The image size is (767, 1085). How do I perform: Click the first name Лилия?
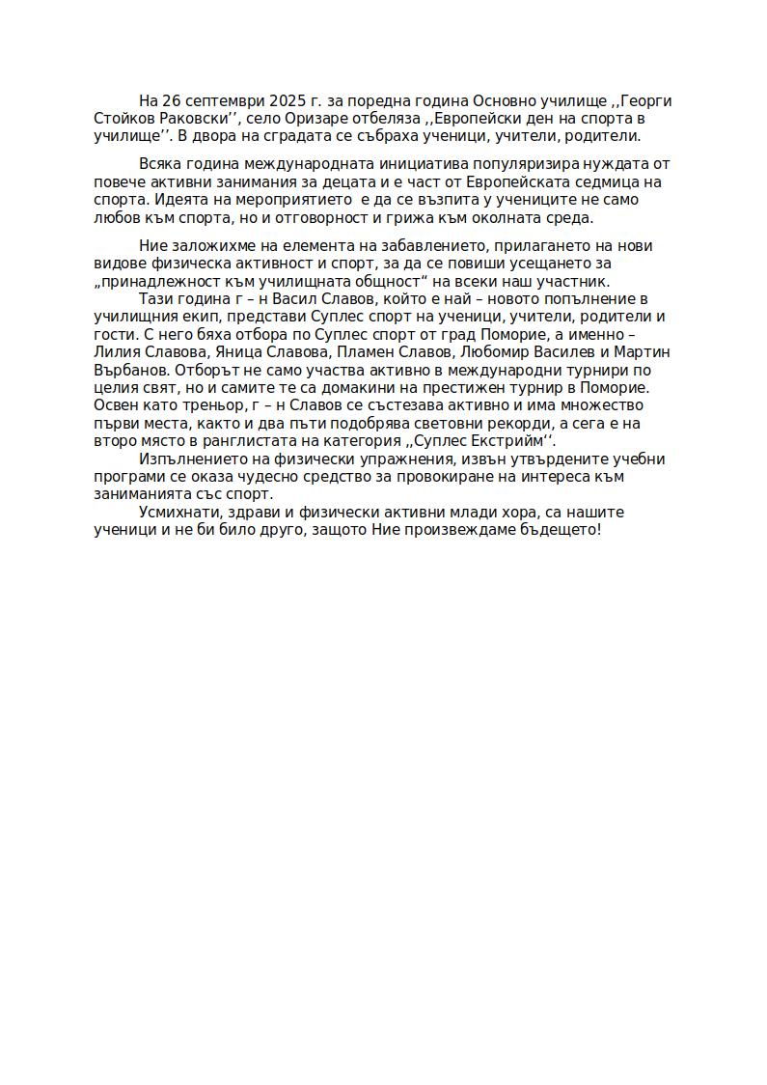coord(117,352)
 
